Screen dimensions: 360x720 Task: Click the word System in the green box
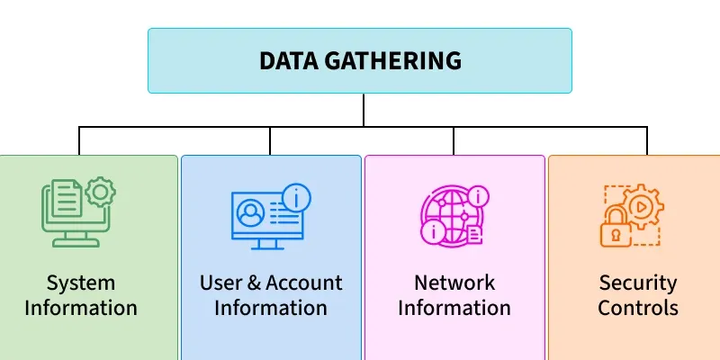pos(81,283)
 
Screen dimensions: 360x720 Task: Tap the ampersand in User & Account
pos(253,283)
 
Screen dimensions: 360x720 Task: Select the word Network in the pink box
pos(454,283)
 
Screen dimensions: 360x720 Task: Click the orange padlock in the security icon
pos(616,229)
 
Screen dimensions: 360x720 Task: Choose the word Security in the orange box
pos(638,283)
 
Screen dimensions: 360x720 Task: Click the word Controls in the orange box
pos(638,308)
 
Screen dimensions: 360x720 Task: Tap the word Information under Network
pos(454,308)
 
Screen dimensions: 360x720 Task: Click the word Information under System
pos(81,308)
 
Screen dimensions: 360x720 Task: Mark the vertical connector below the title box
pos(364,109)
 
